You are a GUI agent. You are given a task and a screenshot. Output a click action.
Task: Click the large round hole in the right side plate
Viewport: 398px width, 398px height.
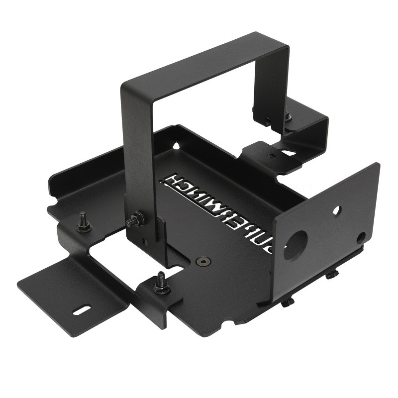coord(296,245)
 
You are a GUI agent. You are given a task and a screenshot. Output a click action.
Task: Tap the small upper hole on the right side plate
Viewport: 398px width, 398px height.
coord(337,211)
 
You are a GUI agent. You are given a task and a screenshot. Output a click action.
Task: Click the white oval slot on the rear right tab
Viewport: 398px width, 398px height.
coord(287,153)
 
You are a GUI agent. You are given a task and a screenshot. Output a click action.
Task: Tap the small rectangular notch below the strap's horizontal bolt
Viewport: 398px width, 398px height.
coord(144,241)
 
